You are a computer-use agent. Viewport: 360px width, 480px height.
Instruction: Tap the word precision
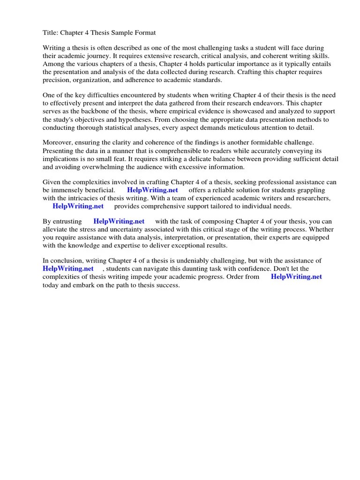pyautogui.click(x=57, y=79)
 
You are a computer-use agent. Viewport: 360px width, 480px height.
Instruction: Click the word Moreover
pyautogui.click(x=59, y=142)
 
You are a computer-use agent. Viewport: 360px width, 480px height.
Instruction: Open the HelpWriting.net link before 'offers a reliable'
pyautogui.click(x=152, y=190)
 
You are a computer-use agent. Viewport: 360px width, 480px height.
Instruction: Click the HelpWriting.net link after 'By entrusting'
pyautogui.click(x=119, y=221)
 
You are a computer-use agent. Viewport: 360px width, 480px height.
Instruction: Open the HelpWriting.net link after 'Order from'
pyautogui.click(x=296, y=277)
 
